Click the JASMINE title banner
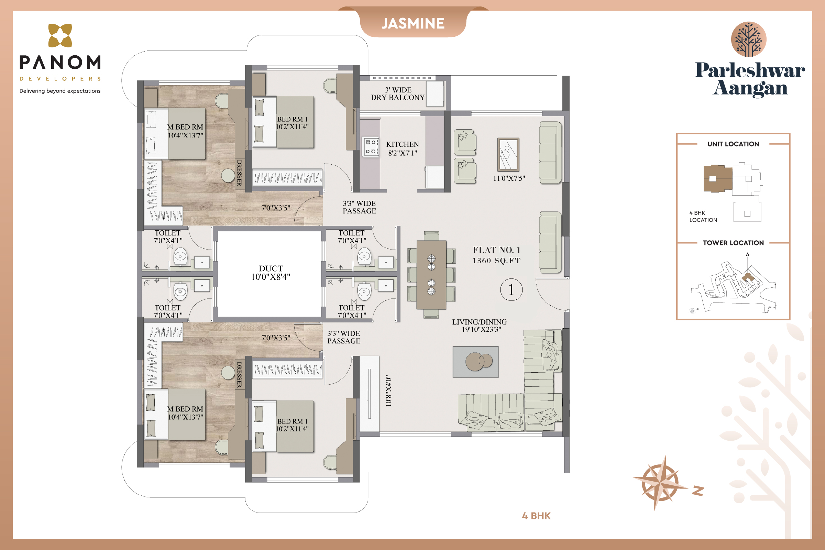pos(413,23)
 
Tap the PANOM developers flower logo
pos(60,35)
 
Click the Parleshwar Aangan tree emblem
pos(749,39)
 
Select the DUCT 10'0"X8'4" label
pos(271,273)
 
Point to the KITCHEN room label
pos(402,144)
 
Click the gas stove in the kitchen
pos(371,146)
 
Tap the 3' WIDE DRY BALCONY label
pos(398,93)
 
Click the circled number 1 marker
pos(511,290)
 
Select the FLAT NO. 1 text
pos(496,250)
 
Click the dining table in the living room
pos(431,275)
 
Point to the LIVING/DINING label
pos(479,322)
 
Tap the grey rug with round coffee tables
pos(475,362)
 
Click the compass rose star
pos(660,483)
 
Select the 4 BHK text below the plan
pos(536,516)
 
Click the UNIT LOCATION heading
pos(733,144)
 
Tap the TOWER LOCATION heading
pos(733,243)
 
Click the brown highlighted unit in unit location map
pos(718,178)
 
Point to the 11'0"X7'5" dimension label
pos(509,178)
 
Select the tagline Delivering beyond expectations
pos(60,91)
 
